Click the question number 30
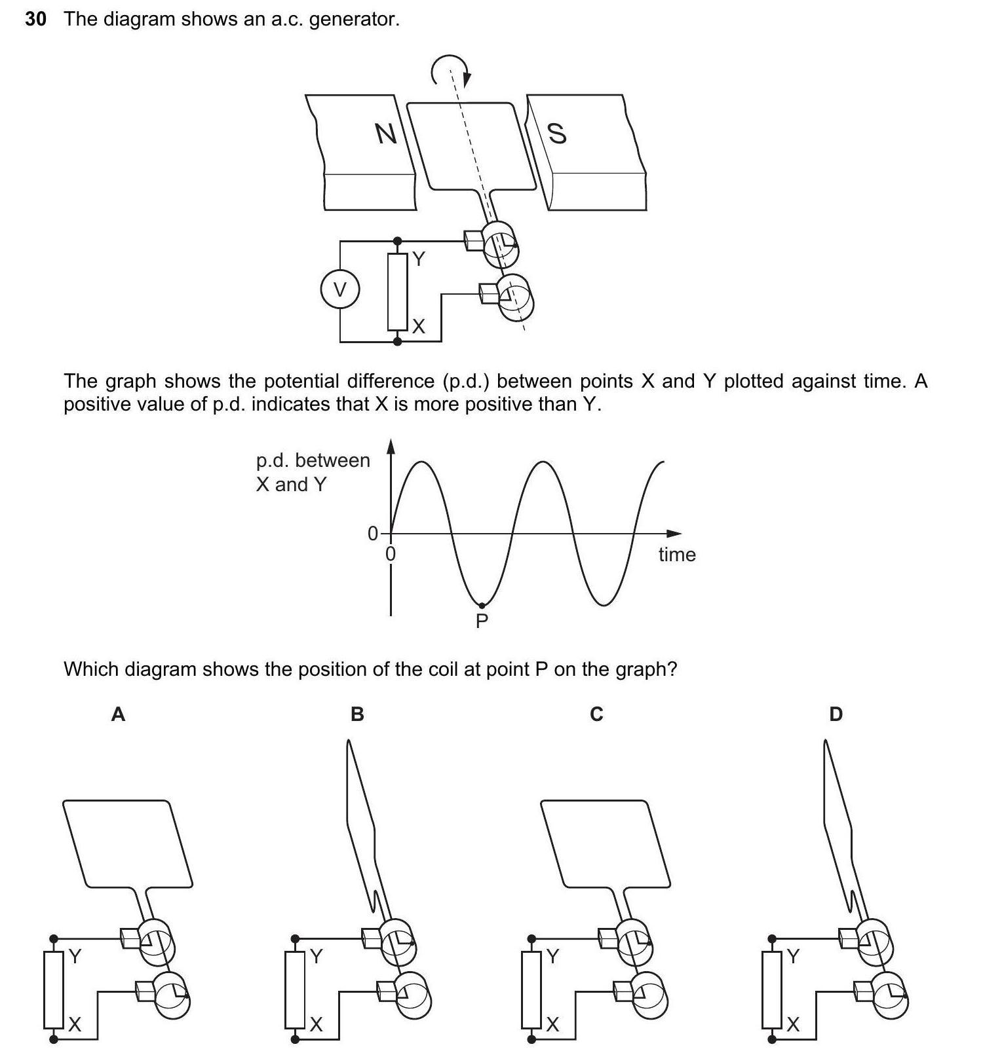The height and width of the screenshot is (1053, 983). click(35, 19)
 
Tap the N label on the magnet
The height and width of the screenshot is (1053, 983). click(386, 134)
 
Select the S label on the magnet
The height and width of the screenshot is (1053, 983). click(556, 133)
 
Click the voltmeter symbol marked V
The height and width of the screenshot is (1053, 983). click(339, 289)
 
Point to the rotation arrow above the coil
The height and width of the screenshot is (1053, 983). click(450, 69)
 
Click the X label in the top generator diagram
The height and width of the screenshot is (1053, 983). click(418, 326)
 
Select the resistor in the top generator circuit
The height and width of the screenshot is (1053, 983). click(397, 291)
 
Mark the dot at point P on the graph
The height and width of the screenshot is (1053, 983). click(482, 605)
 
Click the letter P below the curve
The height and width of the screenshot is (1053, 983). click(482, 621)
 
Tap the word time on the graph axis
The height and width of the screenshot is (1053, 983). click(677, 555)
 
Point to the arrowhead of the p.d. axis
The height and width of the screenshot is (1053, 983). click(391, 446)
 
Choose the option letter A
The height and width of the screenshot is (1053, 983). click(118, 714)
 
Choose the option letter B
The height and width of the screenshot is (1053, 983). click(357, 714)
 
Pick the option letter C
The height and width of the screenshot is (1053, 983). click(596, 714)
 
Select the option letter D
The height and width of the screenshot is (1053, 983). click(836, 714)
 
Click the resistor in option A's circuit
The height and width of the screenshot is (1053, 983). click(54, 989)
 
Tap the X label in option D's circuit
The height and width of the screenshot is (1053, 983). click(793, 1024)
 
